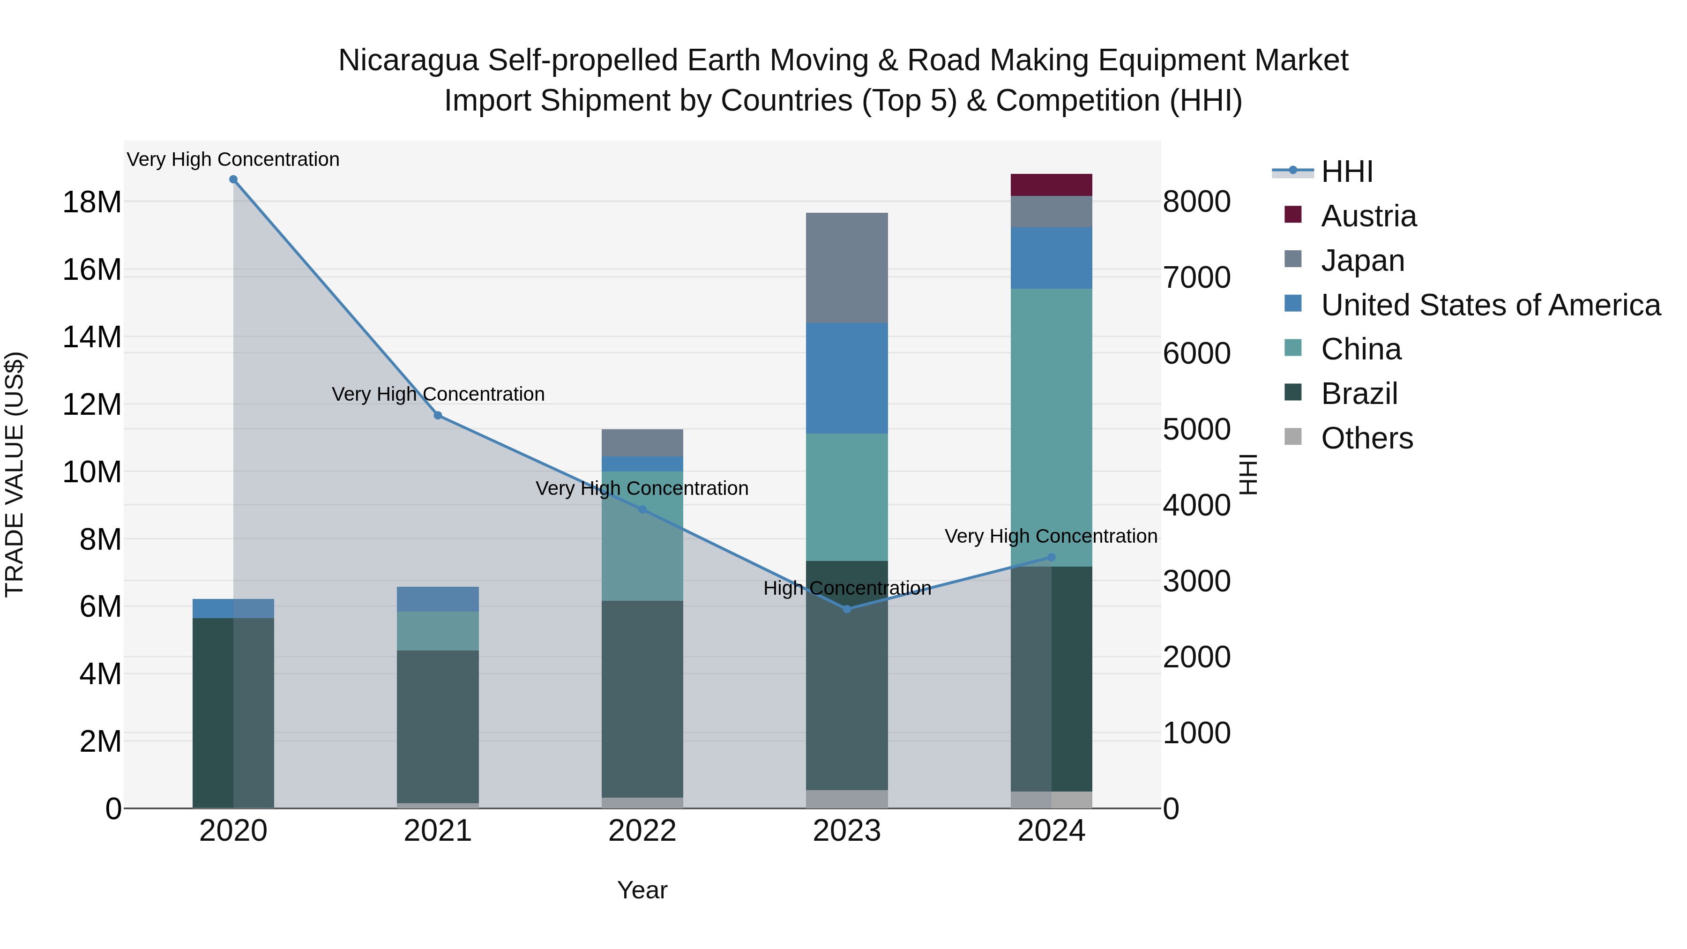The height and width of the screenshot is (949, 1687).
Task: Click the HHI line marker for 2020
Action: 233,179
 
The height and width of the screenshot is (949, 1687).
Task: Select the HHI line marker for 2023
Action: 847,609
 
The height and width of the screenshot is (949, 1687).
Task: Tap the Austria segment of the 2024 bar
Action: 1051,185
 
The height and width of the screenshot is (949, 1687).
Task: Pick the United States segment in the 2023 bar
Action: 847,378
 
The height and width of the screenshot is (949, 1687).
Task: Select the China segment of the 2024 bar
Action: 1051,427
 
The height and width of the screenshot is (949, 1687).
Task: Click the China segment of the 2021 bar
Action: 438,631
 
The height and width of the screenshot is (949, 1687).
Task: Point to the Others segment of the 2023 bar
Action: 847,799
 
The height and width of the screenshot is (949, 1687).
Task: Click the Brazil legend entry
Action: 1359,394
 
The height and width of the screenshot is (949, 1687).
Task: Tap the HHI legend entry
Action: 1346,172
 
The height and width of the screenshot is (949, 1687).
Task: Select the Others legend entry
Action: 1367,438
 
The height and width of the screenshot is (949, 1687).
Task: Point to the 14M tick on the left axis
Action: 92,337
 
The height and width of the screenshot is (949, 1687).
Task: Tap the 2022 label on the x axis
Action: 642,831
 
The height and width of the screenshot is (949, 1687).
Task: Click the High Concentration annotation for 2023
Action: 847,588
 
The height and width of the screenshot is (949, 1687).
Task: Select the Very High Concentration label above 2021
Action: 438,394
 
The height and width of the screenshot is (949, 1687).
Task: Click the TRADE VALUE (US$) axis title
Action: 15,474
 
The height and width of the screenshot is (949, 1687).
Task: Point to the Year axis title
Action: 642,890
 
